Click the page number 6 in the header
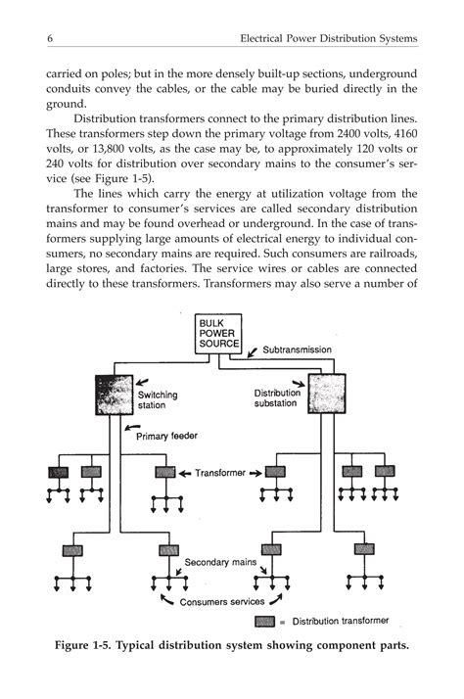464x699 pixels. (x=48, y=38)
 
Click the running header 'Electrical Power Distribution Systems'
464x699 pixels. (x=328, y=38)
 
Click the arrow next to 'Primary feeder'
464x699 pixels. (x=133, y=429)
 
